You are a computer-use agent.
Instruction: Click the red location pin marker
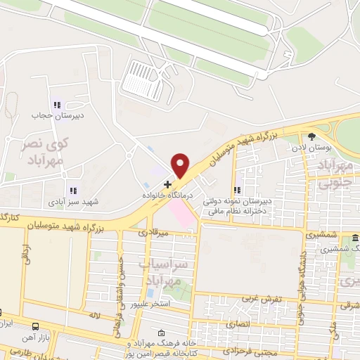(x=181, y=165)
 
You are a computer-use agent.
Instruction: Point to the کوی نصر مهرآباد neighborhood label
(x=40, y=151)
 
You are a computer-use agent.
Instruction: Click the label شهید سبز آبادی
(x=73, y=202)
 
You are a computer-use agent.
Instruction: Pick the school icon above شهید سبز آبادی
(x=72, y=190)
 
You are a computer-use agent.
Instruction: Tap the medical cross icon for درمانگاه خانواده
(x=167, y=184)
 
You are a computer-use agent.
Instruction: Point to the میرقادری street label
(x=153, y=231)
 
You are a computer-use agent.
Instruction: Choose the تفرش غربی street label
(x=262, y=299)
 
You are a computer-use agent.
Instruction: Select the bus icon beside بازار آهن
(x=36, y=326)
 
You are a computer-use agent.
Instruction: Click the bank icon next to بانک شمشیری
(x=355, y=238)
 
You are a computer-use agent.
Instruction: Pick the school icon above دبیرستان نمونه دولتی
(x=238, y=189)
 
